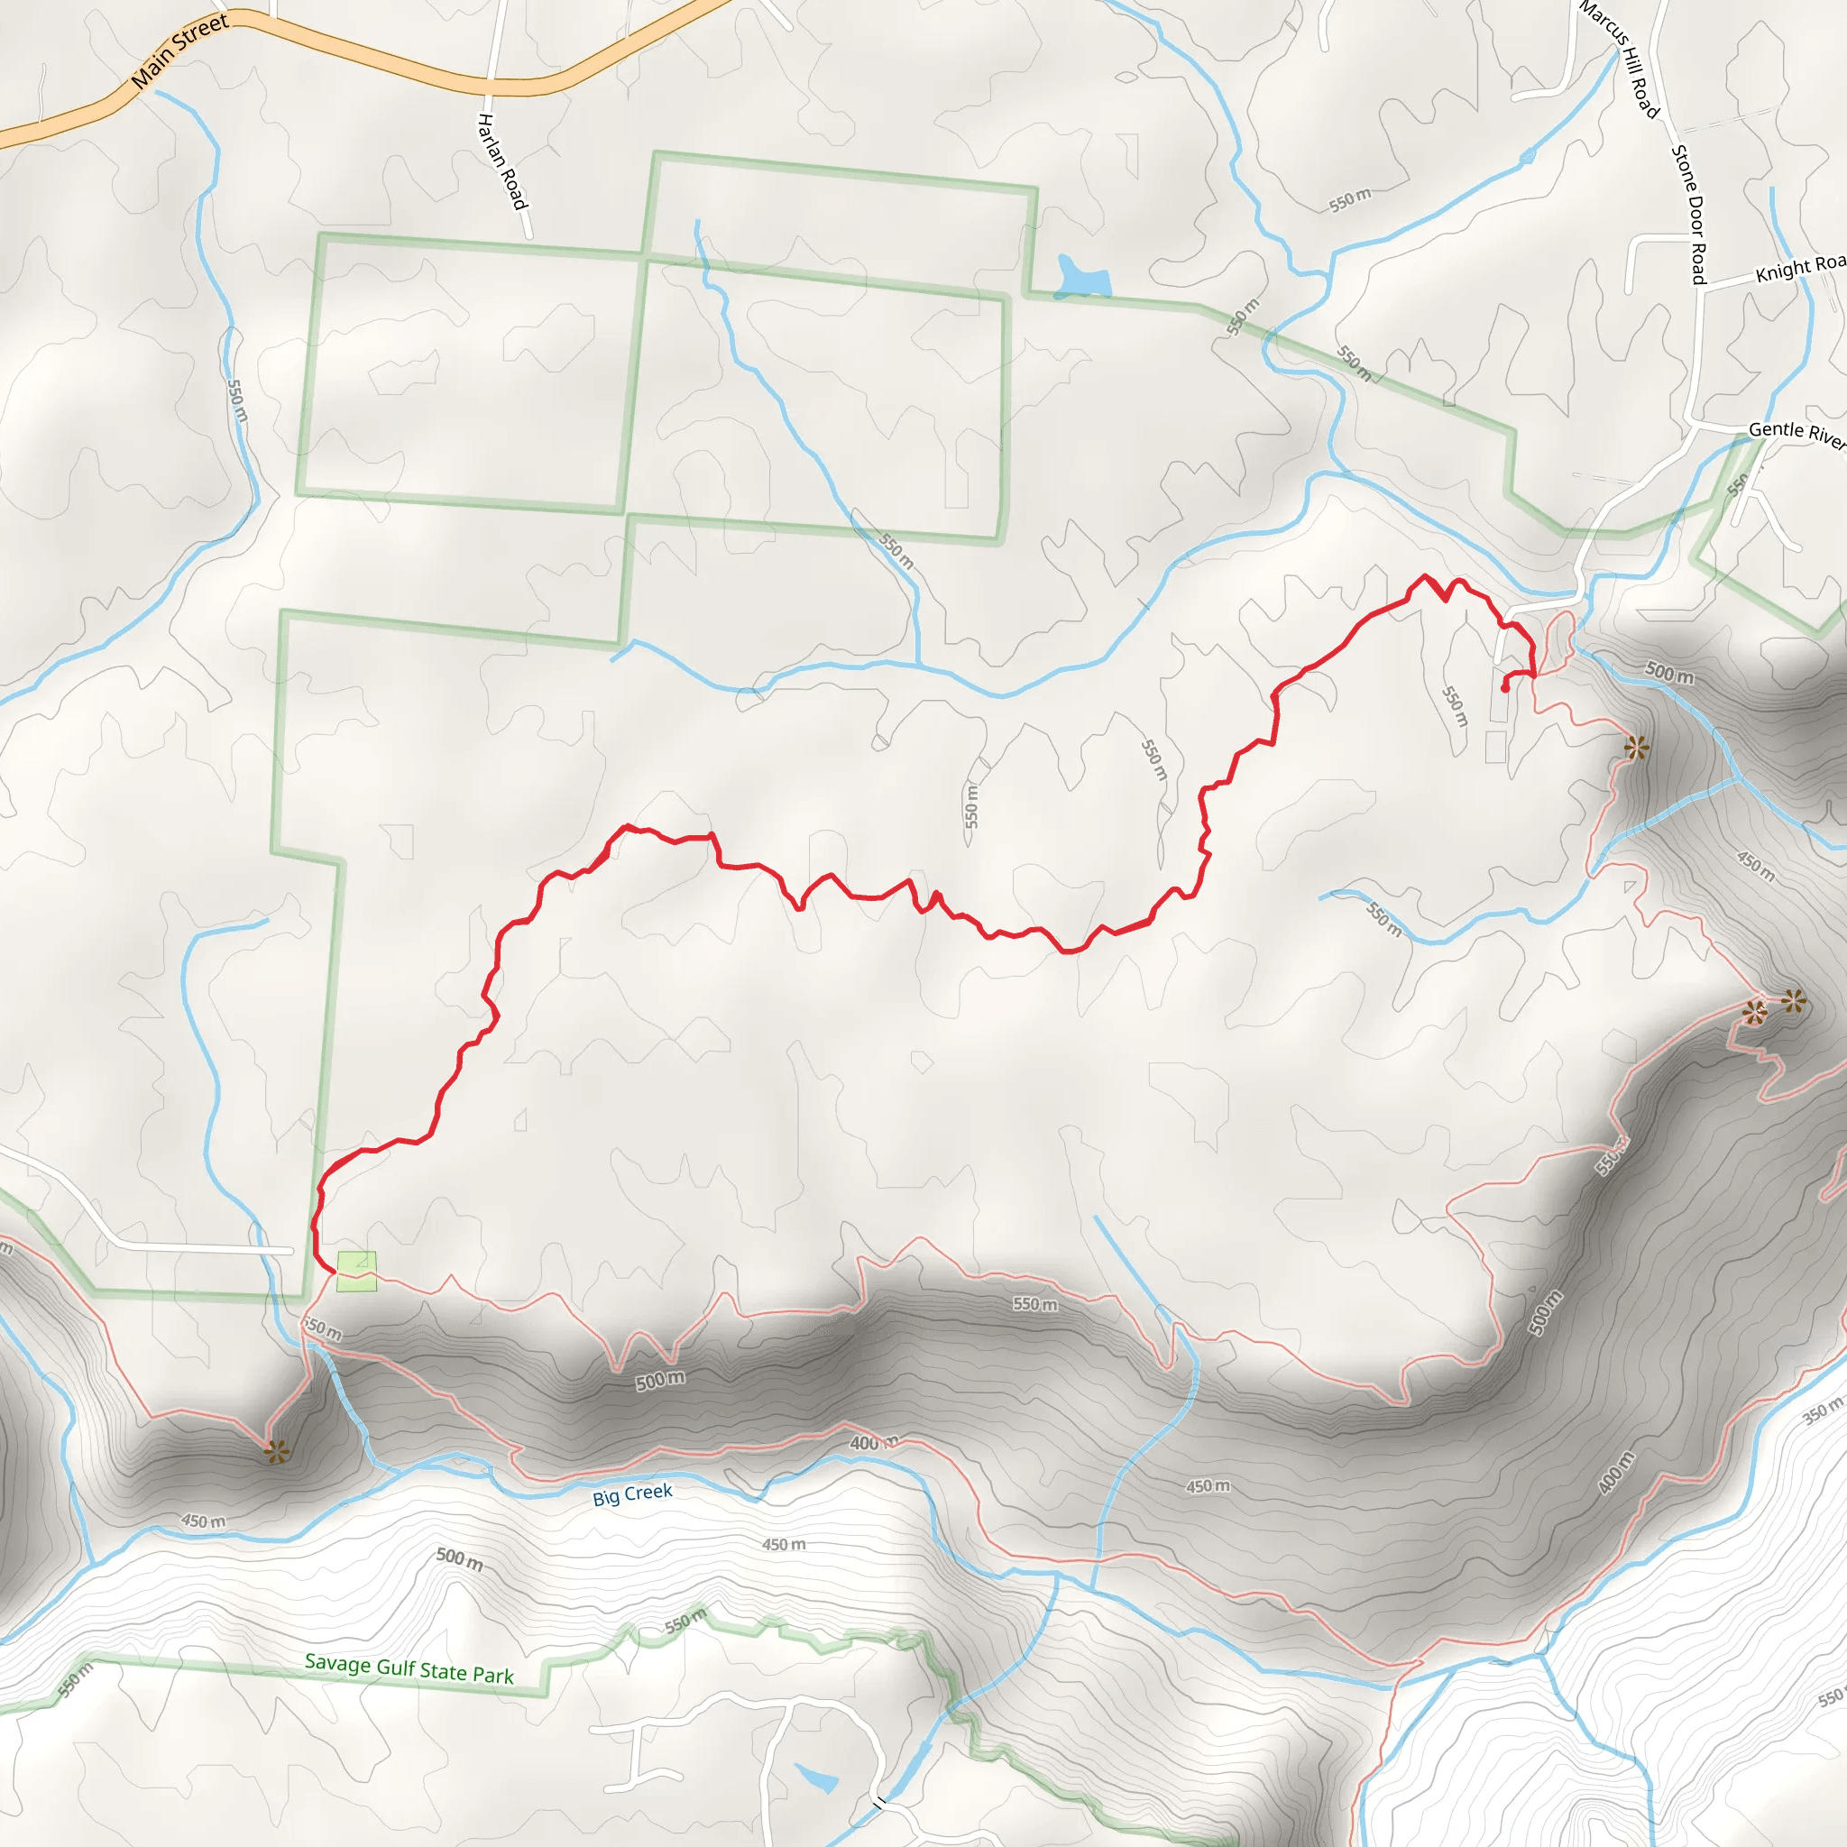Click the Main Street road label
coord(179,51)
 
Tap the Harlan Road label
coord(502,161)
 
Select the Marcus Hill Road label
coord(1620,60)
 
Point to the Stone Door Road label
coord(1689,214)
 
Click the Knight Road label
coord(1799,268)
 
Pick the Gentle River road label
coord(1796,433)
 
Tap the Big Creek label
coord(632,1494)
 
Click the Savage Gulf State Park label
coord(409,1668)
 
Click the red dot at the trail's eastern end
coord(1505,688)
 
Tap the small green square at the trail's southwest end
coord(355,1271)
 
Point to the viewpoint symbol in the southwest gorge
coord(277,1452)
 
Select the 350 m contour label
coord(1822,1411)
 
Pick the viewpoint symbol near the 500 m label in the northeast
coord(1636,748)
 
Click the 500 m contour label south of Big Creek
coord(460,1559)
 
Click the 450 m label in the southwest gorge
coord(204,1521)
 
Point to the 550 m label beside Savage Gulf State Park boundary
coord(685,1621)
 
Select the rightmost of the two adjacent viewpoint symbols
coord(1794,1002)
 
